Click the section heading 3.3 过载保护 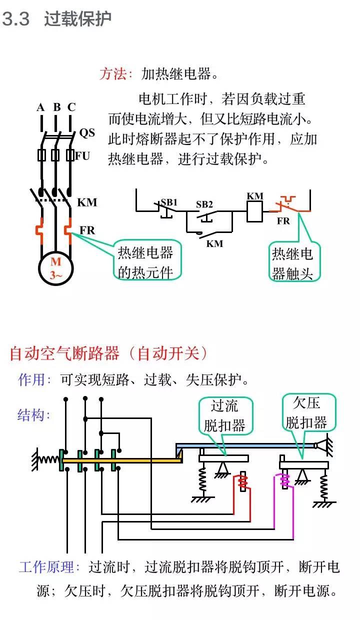coord(56,19)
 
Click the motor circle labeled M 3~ coord(56,268)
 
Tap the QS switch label coord(87,132)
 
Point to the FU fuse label coord(82,156)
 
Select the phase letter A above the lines coord(40,107)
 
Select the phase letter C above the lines coord(71,107)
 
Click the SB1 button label coord(169,202)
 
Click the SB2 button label coord(204,204)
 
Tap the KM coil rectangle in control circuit coord(255,213)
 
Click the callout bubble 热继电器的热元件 coord(145,261)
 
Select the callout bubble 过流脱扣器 coord(225,415)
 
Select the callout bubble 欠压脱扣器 coord(307,412)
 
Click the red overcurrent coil coord(243,482)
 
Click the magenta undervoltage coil coord(285,480)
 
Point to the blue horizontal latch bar coord(245,444)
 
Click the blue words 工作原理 coord(49,567)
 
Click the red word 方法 coord(115,74)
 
